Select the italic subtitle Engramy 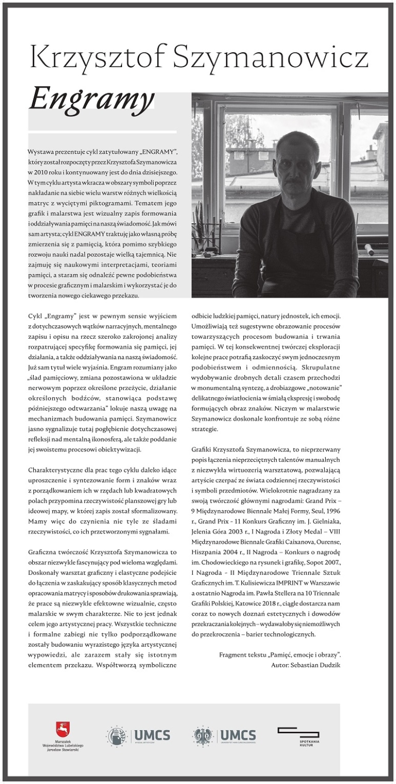[x=92, y=97]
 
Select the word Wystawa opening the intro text [x=40, y=151]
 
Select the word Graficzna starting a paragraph [x=42, y=552]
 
